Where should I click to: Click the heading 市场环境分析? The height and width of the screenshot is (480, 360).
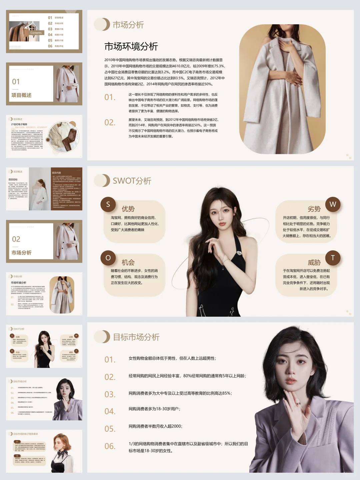pyautogui.click(x=131, y=46)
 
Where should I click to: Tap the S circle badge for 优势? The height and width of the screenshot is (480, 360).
pyautogui.click(x=108, y=204)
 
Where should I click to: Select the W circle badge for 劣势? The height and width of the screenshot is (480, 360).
pyautogui.click(x=333, y=204)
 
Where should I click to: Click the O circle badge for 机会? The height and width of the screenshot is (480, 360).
pyautogui.click(x=108, y=258)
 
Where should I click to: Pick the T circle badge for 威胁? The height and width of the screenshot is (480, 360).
pyautogui.click(x=333, y=258)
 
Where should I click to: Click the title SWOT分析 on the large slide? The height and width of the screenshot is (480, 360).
pyautogui.click(x=132, y=181)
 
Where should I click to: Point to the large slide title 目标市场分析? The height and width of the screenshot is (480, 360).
pyautogui.click(x=136, y=337)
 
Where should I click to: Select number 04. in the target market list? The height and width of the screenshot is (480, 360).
pyautogui.click(x=110, y=412)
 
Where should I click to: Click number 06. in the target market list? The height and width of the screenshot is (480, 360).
pyautogui.click(x=110, y=446)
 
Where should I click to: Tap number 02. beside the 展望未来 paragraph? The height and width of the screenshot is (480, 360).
pyautogui.click(x=110, y=123)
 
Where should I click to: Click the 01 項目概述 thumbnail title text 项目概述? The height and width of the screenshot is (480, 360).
pyautogui.click(x=21, y=95)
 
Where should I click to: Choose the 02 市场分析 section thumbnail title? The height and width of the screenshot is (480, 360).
pyautogui.click(x=21, y=253)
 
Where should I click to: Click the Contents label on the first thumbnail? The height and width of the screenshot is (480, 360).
pyautogui.click(x=36, y=33)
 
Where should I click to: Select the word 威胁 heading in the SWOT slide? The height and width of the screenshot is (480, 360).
pyautogui.click(x=314, y=263)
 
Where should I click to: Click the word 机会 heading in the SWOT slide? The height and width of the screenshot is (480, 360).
pyautogui.click(x=128, y=263)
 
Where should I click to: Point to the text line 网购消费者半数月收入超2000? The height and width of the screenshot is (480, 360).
pyautogui.click(x=155, y=426)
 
